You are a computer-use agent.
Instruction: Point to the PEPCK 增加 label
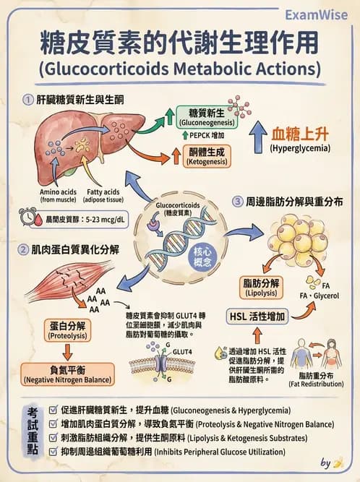tap(207, 135)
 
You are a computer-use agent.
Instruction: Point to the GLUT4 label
tap(183, 352)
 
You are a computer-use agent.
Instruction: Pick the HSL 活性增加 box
tap(257, 317)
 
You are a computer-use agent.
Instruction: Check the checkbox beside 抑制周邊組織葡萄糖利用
tap(55, 451)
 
